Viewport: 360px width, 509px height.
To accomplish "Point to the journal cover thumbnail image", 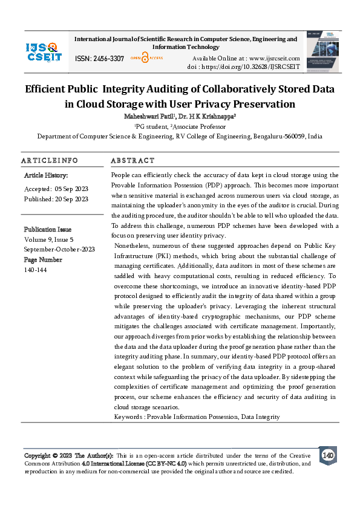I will coord(321,51).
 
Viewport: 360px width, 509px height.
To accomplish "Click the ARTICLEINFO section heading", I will coord(50,161).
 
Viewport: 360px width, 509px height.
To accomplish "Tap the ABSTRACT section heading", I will coord(133,161).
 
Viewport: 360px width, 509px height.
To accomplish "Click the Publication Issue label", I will coord(48,230).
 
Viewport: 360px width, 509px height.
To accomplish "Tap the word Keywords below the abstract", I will coord(129,417).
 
